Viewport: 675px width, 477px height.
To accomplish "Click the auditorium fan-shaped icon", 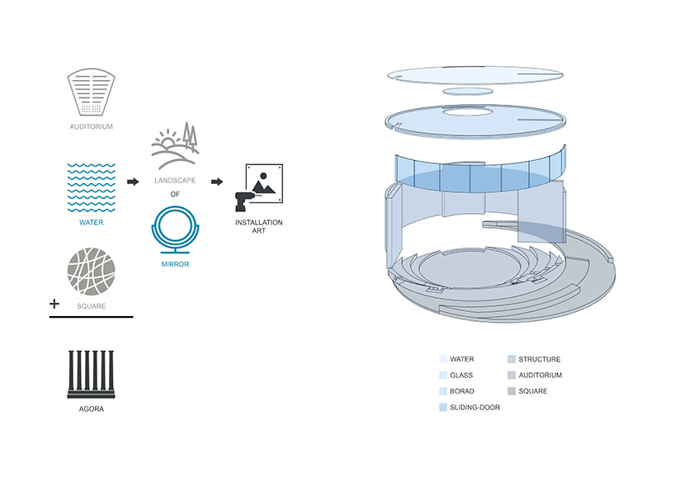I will coord(91,93).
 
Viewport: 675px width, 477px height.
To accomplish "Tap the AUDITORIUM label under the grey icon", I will coord(91,127).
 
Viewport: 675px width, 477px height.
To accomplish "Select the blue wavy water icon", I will coord(91,187).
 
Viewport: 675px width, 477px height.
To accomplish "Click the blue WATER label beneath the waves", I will coord(91,222).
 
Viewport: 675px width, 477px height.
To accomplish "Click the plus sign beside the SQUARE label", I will coord(54,304).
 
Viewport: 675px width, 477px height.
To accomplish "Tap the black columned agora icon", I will coord(91,375).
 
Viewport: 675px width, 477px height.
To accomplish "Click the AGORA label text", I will coord(91,409).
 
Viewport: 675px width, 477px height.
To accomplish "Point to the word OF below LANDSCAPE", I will coord(175,195).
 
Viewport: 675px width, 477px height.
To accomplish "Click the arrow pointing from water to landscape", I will coord(132,180).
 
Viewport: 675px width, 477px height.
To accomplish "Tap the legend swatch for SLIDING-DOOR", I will coord(443,407).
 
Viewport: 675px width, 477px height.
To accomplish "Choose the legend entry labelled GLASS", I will coord(461,375).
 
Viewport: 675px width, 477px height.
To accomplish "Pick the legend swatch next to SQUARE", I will coord(512,391).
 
